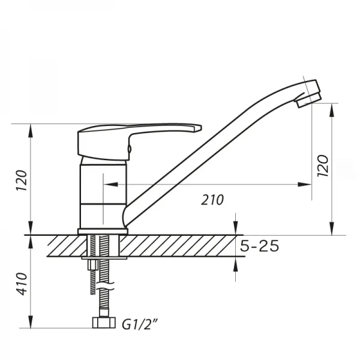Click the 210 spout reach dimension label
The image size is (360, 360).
pyautogui.click(x=213, y=200)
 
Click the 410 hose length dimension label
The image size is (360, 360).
pyautogui.click(x=21, y=286)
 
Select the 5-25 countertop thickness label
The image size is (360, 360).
pyautogui.click(x=260, y=246)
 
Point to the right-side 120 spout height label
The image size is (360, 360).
pyautogui.click(x=322, y=167)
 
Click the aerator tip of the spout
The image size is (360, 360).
pyautogui.click(x=307, y=95)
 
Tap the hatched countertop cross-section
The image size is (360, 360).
pyautogui.click(x=180, y=246)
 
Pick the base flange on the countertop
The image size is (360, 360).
pyautogui.click(x=103, y=231)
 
